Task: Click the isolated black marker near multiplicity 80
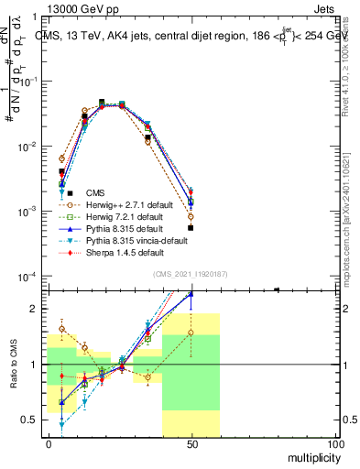click(x=277, y=290)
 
